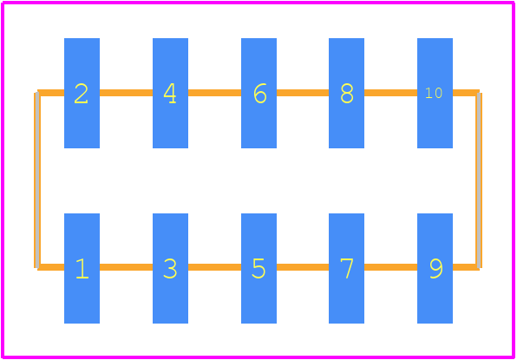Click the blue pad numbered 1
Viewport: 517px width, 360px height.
82,268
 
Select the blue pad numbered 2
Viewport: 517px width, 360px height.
82,93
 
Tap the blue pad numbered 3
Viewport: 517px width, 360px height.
170,268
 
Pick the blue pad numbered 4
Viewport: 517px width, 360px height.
170,93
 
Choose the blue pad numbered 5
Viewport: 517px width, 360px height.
258,268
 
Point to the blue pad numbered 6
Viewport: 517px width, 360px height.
258,93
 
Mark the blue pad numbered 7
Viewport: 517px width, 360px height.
346,268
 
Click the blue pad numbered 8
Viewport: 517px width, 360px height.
346,93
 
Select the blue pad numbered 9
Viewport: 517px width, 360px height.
435,268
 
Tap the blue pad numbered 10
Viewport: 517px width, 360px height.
435,93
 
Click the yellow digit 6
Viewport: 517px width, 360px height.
260,94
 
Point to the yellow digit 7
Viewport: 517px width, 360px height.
347,268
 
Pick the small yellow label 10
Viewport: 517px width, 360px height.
434,93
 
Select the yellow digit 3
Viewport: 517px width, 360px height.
170,268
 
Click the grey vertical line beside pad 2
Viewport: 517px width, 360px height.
37,180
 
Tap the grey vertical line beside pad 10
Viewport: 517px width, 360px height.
479,180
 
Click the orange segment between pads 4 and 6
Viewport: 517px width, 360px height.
214,93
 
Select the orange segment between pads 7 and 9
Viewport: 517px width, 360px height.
390,267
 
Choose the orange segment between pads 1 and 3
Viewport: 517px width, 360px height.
126,267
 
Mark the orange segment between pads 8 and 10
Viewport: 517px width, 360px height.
390,93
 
